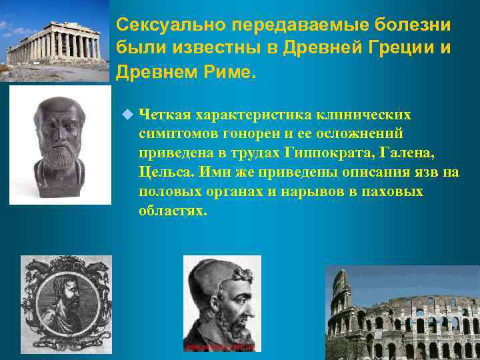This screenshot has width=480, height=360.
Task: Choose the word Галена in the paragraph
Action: pyautogui.click(x=407, y=153)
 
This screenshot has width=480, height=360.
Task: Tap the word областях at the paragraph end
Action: pyautogui.click(x=173, y=211)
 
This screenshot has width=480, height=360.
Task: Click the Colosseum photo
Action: pyautogui.click(x=403, y=313)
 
